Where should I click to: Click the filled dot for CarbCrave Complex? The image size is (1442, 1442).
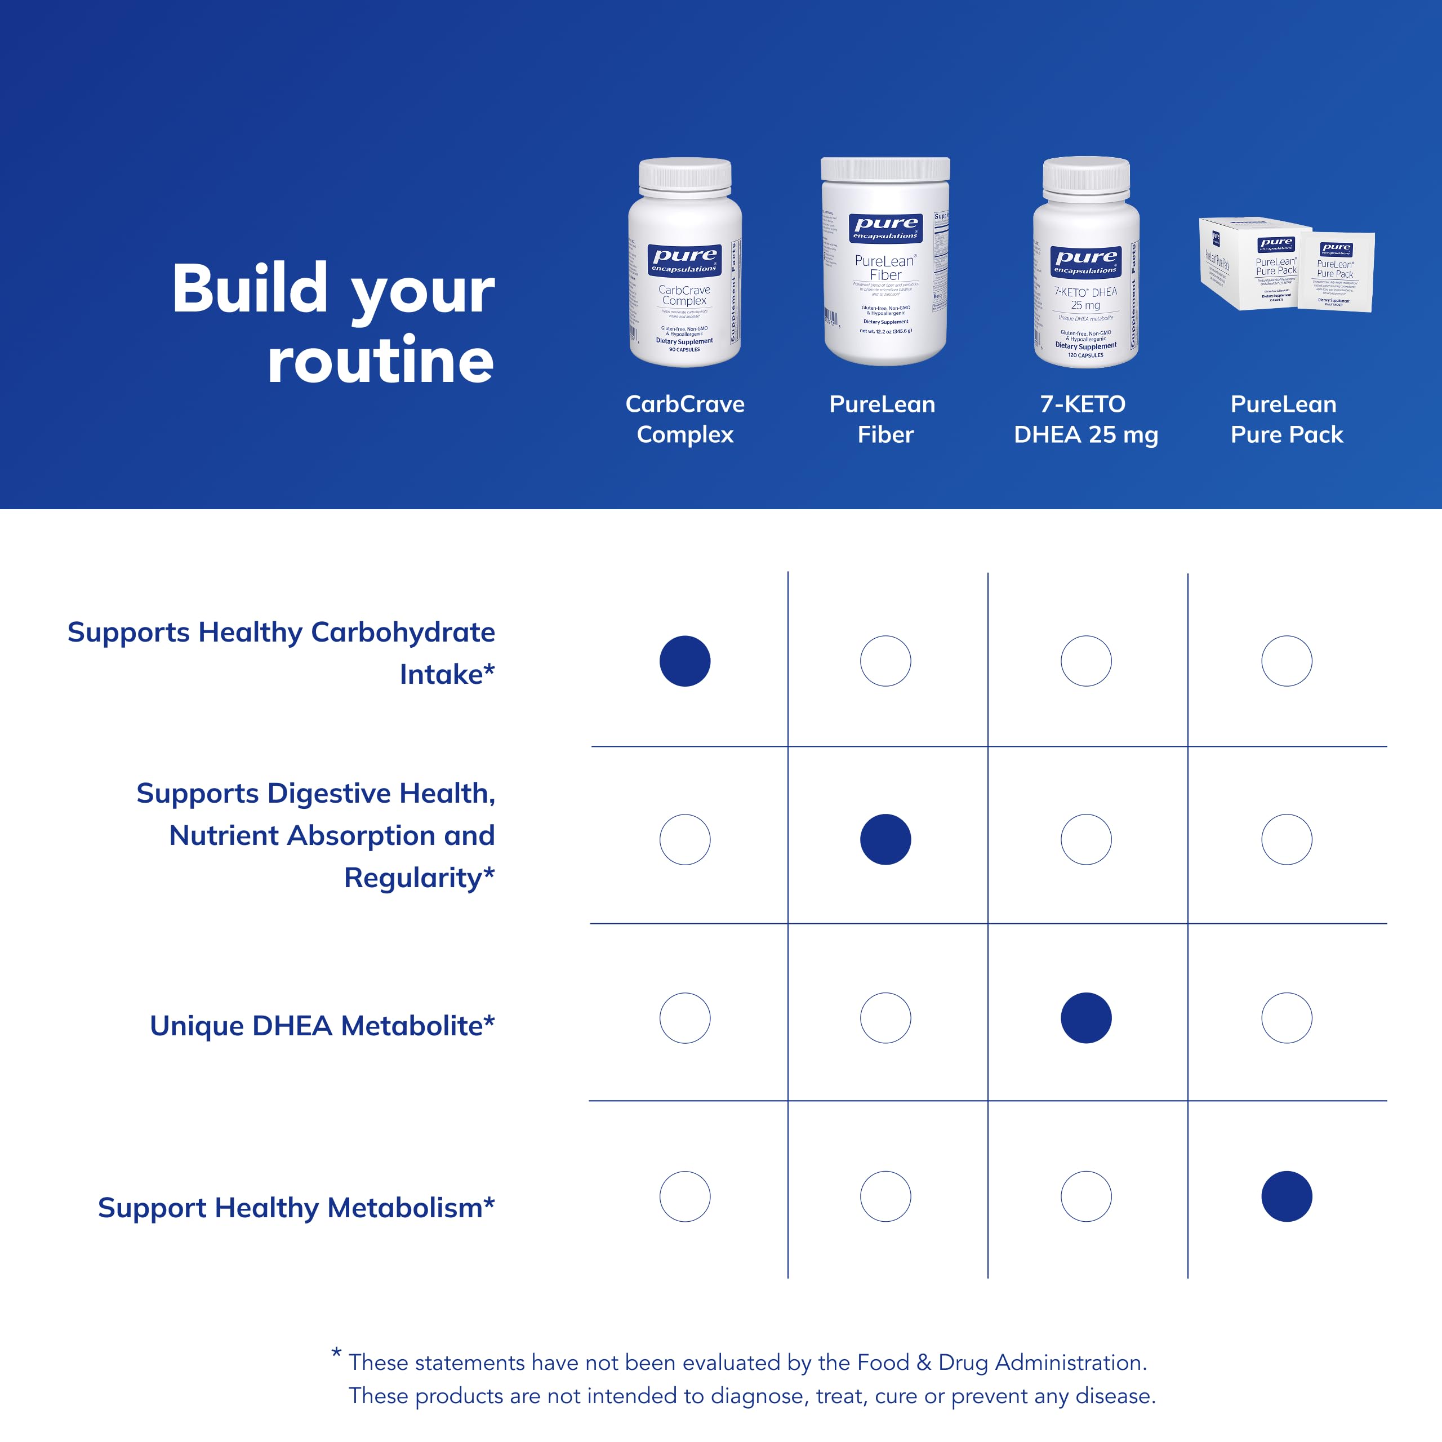pyautogui.click(x=684, y=661)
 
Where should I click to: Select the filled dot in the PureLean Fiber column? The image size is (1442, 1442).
pyautogui.click(x=885, y=839)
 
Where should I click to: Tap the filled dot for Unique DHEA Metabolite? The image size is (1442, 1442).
pyautogui.click(x=1086, y=1017)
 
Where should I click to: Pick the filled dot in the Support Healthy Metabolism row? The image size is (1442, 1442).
pyautogui.click(x=1286, y=1196)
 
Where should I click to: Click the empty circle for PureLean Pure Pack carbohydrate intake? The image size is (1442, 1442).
pyautogui.click(x=1286, y=661)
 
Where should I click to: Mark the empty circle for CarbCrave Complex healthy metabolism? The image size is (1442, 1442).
pyautogui.click(x=684, y=1196)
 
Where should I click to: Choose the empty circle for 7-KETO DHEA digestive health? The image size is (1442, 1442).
pyautogui.click(x=1086, y=839)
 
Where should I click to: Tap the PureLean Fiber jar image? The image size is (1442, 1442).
pyautogui.click(x=885, y=276)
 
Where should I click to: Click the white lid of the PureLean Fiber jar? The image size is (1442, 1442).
pyautogui.click(x=885, y=168)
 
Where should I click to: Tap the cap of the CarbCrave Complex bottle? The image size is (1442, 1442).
pyautogui.click(x=684, y=175)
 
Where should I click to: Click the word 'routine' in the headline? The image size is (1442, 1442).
pyautogui.click(x=381, y=360)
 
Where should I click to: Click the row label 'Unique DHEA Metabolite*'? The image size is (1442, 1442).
pyautogui.click(x=322, y=1026)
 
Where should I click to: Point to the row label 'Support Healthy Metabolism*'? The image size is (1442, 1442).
pyautogui.click(x=296, y=1207)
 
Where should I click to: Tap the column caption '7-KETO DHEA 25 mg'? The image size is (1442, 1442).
pyautogui.click(x=1085, y=420)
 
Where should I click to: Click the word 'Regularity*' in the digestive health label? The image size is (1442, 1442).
pyautogui.click(x=419, y=878)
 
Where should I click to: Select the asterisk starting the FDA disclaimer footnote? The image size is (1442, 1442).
pyautogui.click(x=337, y=1352)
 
